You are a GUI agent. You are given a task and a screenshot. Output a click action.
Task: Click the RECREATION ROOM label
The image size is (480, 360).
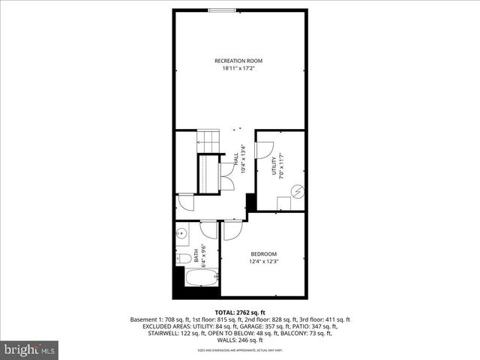pyautogui.click(x=238, y=61)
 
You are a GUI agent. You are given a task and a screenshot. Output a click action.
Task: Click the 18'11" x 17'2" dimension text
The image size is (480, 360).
pyautogui.click(x=238, y=69)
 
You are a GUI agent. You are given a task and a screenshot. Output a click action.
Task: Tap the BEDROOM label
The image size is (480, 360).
pyautogui.click(x=263, y=253)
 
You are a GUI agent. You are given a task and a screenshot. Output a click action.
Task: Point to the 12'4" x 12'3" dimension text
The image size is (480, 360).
pyautogui.click(x=263, y=262)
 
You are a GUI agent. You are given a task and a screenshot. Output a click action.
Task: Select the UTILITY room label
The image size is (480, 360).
pyautogui.click(x=274, y=166)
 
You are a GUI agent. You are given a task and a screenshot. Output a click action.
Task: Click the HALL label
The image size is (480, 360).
pyautogui.click(x=235, y=159)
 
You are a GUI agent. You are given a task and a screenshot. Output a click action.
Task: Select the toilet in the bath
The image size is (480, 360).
pyautogui.click(x=182, y=259)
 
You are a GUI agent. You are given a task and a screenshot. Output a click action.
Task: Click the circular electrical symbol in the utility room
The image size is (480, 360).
pyautogui.click(x=298, y=192)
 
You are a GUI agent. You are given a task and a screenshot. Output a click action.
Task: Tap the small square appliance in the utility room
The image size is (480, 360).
pyautogui.click(x=284, y=202)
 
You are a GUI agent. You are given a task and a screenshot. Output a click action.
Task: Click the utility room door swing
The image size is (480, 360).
pyautogui.click(x=264, y=148)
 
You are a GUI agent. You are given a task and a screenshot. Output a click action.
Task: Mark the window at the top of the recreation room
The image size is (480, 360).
pyautogui.click(x=220, y=10)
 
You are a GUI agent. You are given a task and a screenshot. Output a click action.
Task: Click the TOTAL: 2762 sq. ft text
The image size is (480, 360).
pyautogui.click(x=240, y=312)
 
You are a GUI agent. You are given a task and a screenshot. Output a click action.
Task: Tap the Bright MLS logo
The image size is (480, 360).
pyautogui.click(x=29, y=349)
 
